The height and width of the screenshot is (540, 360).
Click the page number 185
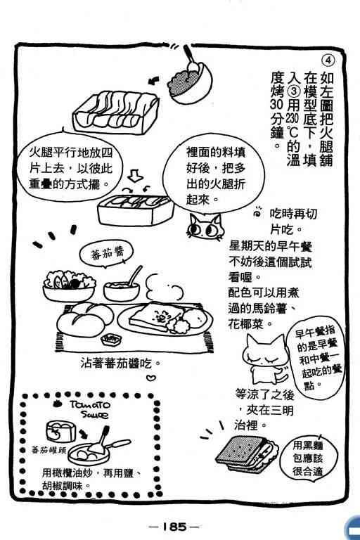(174, 526)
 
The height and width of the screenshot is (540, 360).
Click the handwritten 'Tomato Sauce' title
(90, 409)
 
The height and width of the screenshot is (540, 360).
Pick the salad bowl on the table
(69, 285)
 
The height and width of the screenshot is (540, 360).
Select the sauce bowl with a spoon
(122, 286)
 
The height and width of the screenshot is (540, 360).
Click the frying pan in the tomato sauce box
(98, 449)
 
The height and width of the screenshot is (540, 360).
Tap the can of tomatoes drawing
(61, 431)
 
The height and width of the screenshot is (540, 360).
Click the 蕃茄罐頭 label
(48, 450)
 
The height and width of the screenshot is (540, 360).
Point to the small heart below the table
(151, 378)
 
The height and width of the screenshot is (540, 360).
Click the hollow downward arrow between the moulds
(135, 175)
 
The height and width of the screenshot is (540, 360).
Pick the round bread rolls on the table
(85, 319)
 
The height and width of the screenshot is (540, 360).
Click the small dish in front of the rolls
(111, 339)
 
